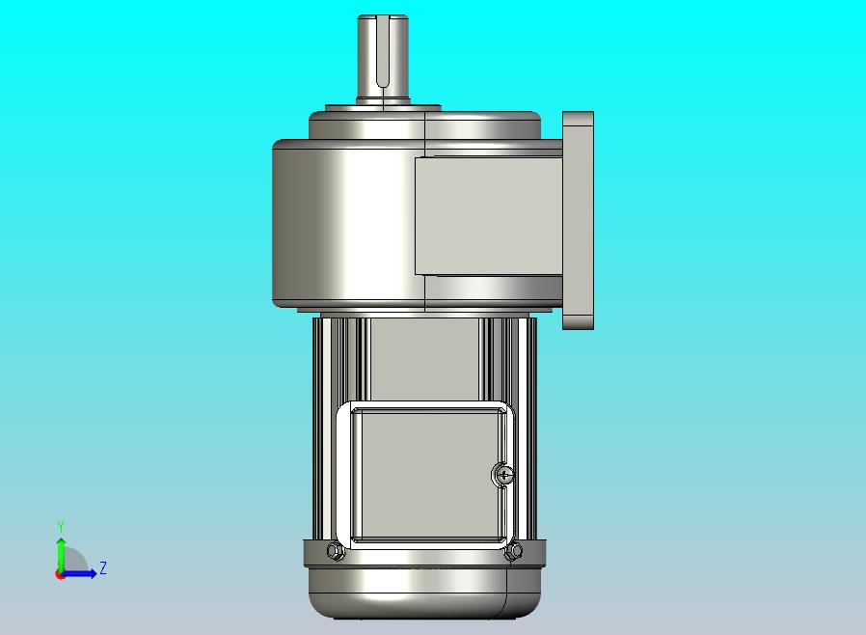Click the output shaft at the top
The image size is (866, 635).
[x=383, y=58]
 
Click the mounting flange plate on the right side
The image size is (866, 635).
[x=579, y=220]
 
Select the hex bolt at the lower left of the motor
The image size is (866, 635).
[x=335, y=550]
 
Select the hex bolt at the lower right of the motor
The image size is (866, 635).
[x=514, y=550]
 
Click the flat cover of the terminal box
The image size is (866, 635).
[x=427, y=475]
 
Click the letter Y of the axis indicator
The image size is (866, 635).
[x=61, y=526]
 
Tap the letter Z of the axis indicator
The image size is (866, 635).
[x=103, y=567]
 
